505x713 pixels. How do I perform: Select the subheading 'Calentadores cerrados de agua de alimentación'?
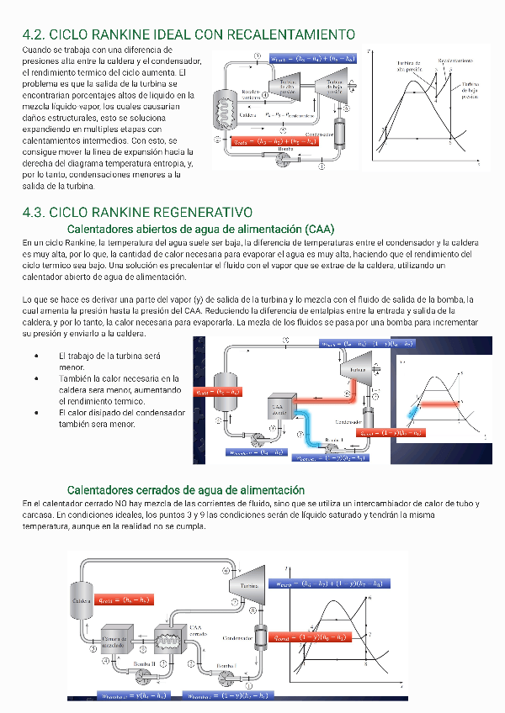click(x=185, y=489)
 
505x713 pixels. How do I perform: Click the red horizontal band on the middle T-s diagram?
click(x=439, y=404)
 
